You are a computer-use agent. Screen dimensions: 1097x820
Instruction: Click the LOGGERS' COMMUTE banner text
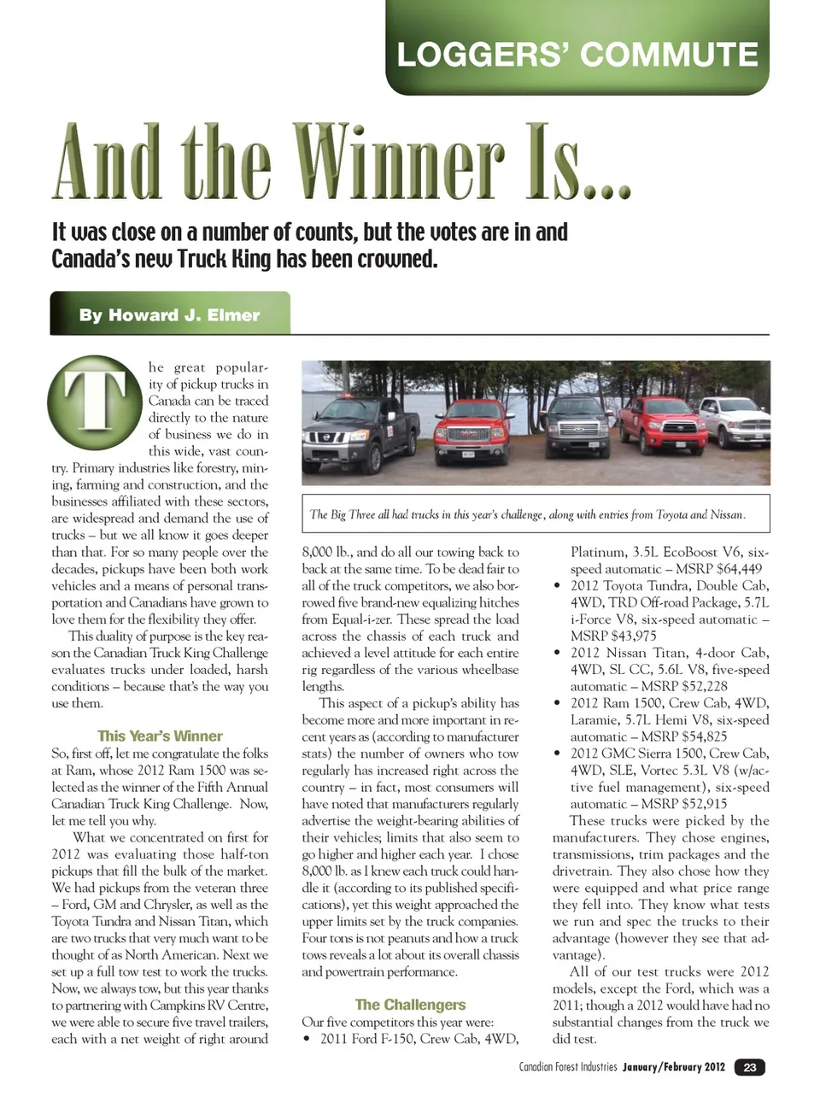[577, 55]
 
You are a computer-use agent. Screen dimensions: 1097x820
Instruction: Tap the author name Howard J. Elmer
[169, 314]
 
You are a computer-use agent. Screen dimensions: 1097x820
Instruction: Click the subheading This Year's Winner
[160, 736]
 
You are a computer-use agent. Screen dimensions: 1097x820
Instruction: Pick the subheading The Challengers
[410, 1005]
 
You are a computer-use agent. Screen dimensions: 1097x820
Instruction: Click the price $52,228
[696, 686]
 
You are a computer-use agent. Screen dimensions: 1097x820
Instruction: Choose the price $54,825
[696, 736]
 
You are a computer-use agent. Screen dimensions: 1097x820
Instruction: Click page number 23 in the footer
[749, 1067]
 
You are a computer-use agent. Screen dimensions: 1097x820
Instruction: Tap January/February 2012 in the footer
[674, 1067]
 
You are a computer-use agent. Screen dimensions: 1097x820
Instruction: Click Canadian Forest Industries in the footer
[567, 1067]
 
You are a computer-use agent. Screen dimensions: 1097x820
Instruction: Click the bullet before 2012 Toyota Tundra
[558, 586]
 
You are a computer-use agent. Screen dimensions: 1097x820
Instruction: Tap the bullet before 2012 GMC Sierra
[558, 754]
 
